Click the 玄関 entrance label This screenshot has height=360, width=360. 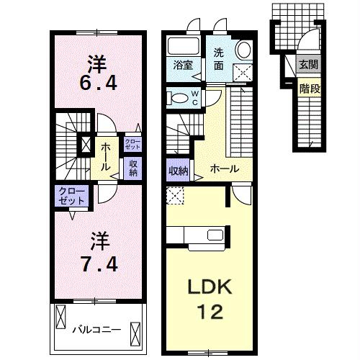308,65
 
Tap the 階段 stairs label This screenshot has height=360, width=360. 310,89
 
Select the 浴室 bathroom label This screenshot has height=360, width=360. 183,66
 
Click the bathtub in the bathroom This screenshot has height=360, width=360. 184,46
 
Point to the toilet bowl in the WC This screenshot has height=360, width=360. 179,98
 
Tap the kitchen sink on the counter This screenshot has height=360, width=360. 215,235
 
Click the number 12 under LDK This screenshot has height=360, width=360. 210,312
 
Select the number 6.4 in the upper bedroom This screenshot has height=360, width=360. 99,83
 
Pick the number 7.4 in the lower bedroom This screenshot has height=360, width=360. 99,264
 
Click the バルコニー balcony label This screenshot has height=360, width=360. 96,330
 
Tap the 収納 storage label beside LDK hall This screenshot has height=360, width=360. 179,171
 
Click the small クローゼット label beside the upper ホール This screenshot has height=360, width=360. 132,144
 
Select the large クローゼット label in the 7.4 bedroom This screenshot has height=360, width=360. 72,196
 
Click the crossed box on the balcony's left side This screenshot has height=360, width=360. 60,317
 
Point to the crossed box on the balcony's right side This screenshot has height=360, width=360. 135,334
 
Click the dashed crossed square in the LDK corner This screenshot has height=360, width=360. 175,196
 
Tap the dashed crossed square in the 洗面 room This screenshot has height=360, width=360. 243,72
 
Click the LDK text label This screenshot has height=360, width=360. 210,287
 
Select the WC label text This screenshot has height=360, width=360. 194,98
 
